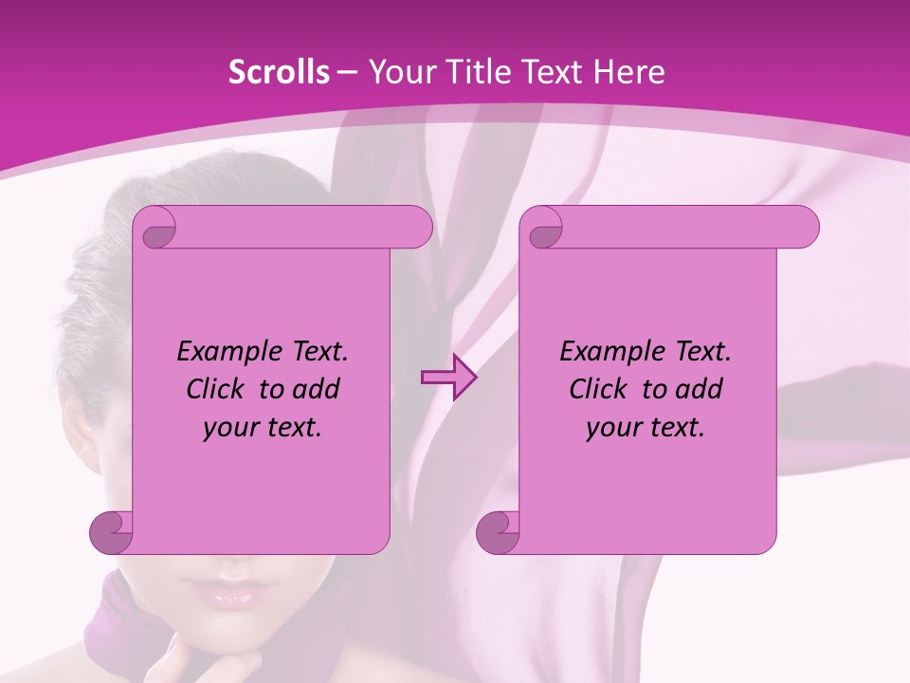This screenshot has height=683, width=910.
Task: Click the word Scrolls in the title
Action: click(279, 72)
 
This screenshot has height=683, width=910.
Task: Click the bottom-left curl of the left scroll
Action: click(112, 531)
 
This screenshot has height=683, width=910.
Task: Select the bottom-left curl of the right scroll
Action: click(499, 531)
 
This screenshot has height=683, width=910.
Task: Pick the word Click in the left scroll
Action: click(220, 390)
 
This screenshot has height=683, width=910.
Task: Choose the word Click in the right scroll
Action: click(603, 390)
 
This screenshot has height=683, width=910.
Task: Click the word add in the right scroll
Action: click(701, 390)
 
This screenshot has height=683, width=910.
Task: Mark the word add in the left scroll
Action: click(318, 390)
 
